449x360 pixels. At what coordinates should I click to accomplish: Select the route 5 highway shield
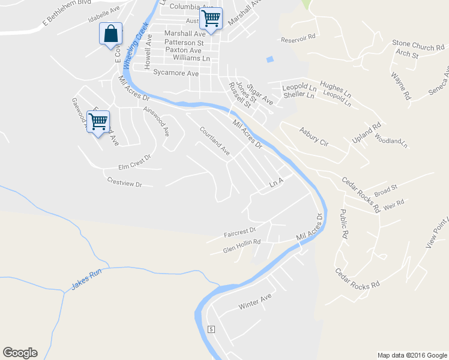pos(211,329)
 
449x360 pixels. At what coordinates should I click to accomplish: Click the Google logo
pos(20,353)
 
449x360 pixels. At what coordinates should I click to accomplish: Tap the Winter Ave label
pos(255,301)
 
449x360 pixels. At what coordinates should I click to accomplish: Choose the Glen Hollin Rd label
pos(241,245)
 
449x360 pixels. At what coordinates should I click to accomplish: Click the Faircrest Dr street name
pos(240,230)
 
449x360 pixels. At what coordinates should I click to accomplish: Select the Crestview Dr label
pos(124,182)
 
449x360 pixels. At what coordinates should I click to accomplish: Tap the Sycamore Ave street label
pos(176,73)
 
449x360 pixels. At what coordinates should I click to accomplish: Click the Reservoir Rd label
pos(298,38)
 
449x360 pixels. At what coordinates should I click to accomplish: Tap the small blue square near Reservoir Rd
pos(270,59)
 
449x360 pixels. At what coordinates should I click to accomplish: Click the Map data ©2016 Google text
pos(411,355)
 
